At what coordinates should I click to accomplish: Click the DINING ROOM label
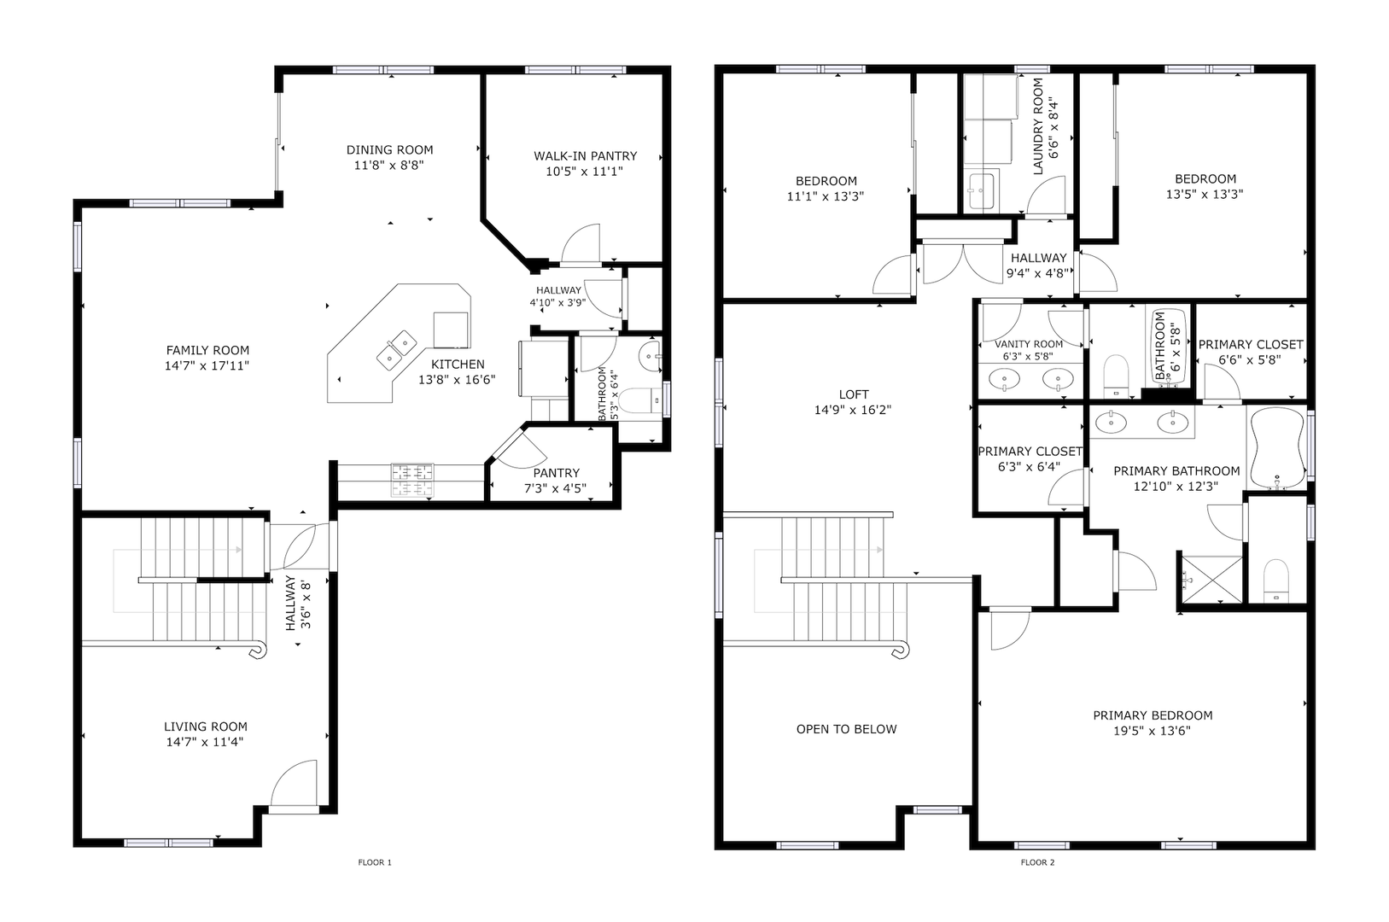coord(389,149)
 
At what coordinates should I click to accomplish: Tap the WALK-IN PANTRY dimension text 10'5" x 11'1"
coord(584,171)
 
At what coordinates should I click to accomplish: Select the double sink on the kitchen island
coord(396,350)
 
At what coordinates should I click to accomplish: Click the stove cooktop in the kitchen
coord(412,480)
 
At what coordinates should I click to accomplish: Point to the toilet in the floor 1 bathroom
coord(641,400)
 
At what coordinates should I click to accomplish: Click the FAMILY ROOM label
coord(207,350)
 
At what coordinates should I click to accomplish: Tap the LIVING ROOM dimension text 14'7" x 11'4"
coord(205,742)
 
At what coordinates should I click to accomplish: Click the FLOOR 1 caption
coord(375,862)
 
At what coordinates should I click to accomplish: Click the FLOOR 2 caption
coord(1037,862)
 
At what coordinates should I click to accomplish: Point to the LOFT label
coord(853,394)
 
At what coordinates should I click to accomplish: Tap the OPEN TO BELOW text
coord(846,729)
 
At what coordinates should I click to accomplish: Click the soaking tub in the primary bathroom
coord(1277,447)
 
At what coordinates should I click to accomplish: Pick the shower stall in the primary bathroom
coord(1211,579)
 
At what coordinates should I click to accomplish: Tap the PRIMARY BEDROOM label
coord(1153,715)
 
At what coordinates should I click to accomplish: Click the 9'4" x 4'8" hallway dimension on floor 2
coord(1036,273)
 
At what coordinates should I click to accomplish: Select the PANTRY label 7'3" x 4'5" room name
coord(556,473)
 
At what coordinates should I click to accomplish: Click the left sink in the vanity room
coord(1003,378)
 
